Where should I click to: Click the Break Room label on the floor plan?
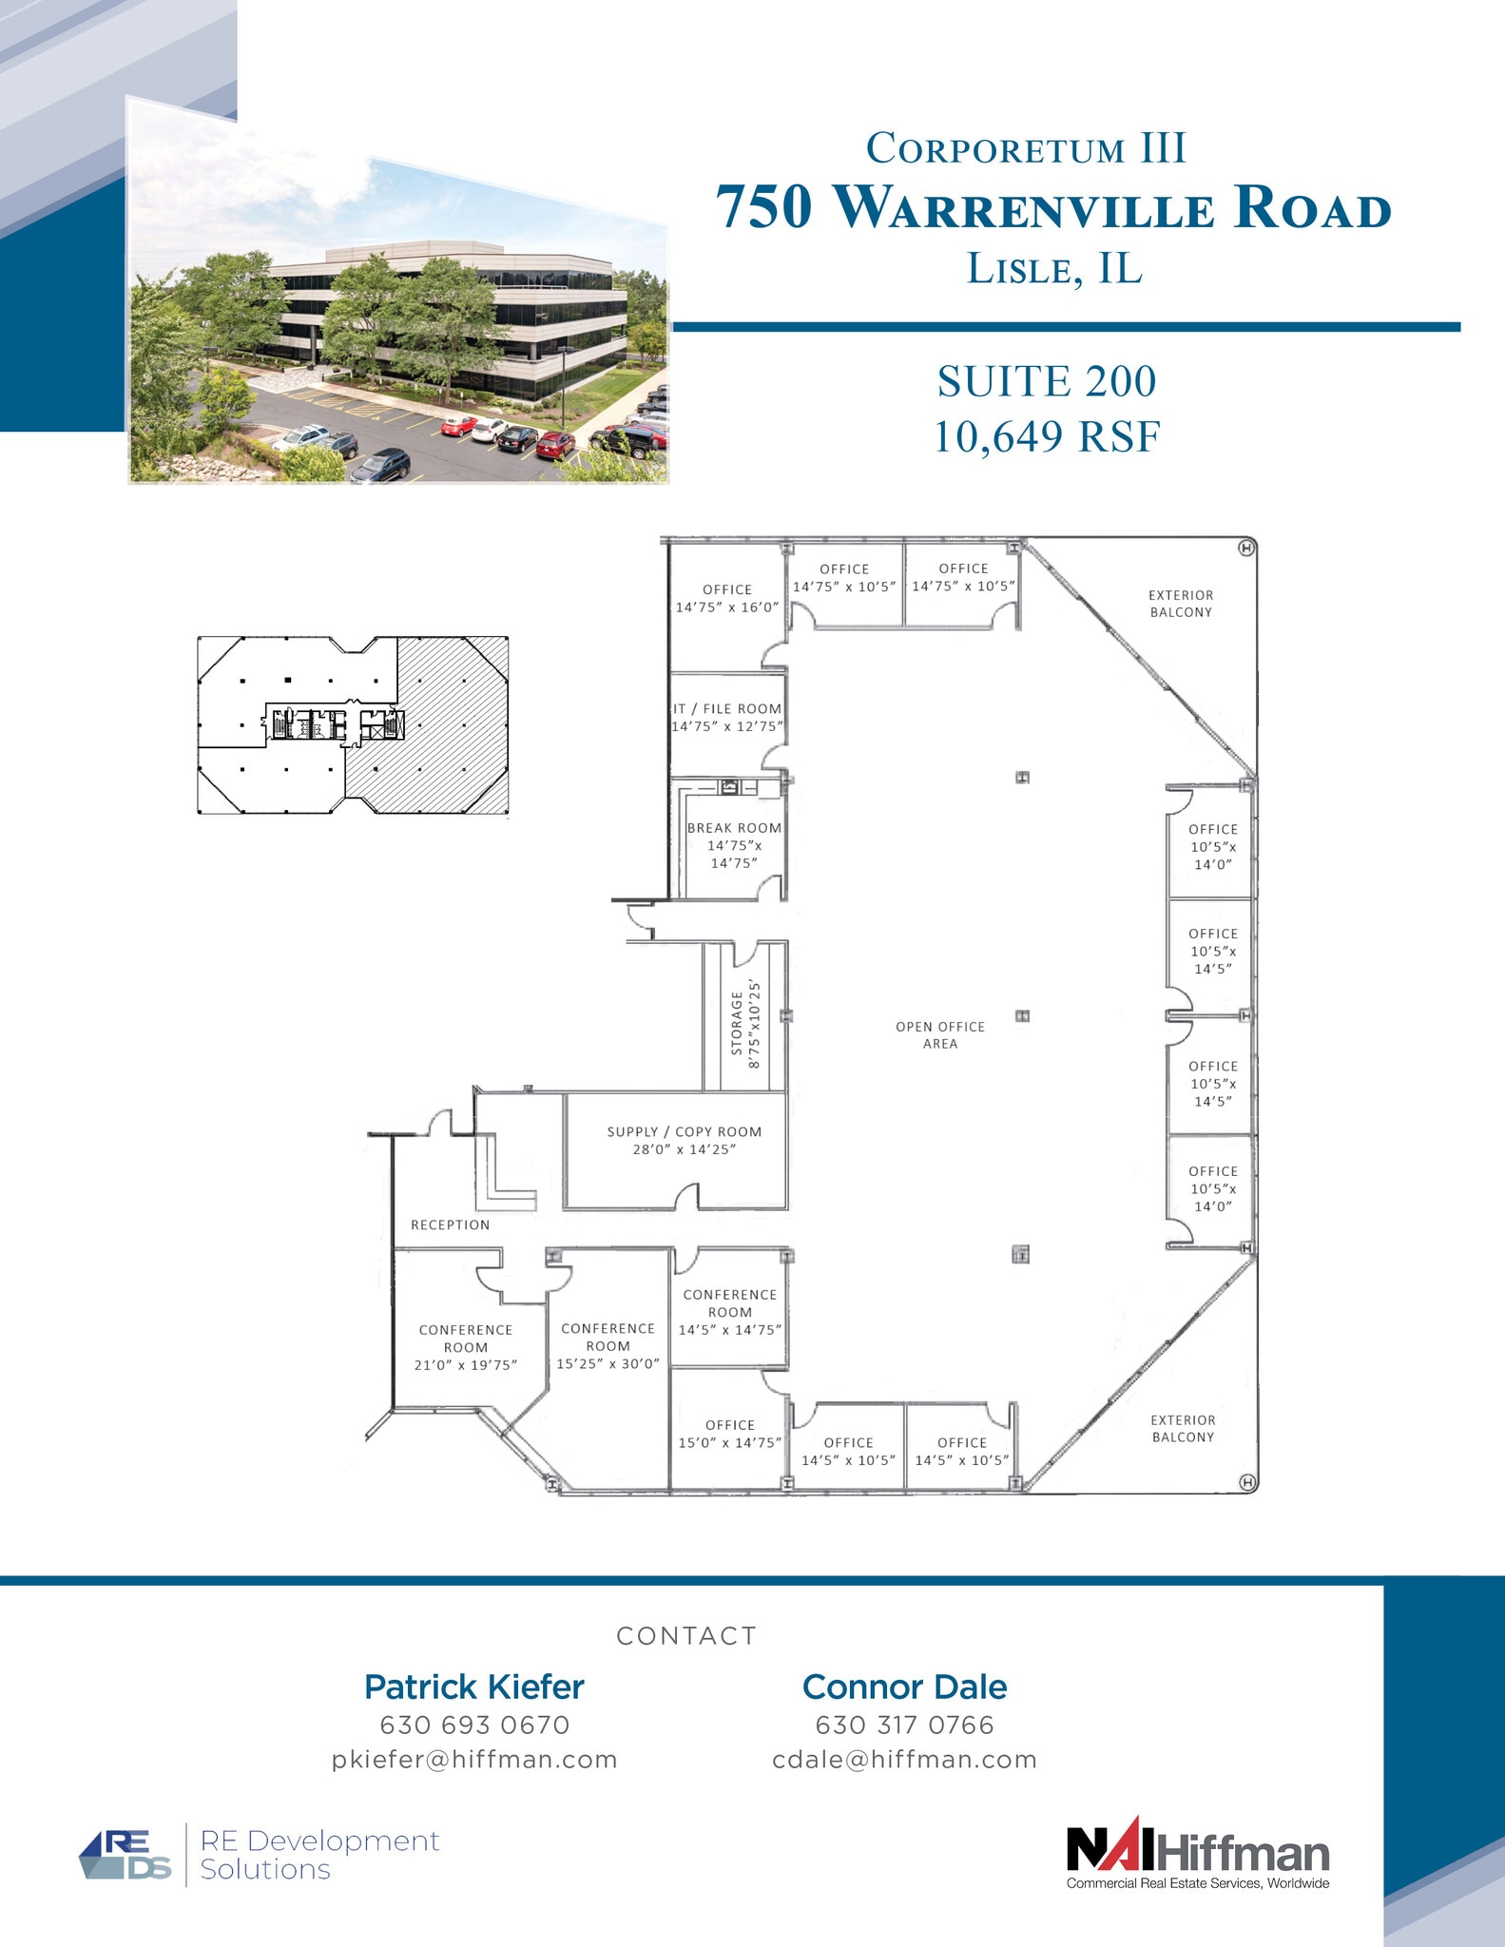click(734, 845)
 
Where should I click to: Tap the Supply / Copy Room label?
click(685, 1140)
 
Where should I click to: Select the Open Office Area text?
click(940, 1034)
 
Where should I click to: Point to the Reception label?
click(450, 1224)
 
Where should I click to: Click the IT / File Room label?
click(727, 717)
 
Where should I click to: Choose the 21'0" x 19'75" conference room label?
click(466, 1347)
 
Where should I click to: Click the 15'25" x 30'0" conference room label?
click(608, 1345)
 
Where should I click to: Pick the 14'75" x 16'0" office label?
click(727, 598)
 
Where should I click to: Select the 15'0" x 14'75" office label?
click(730, 1433)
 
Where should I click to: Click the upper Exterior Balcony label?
click(1181, 603)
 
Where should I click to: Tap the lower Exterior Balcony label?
click(1183, 1428)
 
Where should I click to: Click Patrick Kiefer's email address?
click(474, 1759)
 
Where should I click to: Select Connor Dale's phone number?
click(904, 1725)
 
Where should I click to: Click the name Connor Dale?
click(904, 1687)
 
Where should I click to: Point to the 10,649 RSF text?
click(1047, 436)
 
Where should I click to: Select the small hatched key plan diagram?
click(353, 725)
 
